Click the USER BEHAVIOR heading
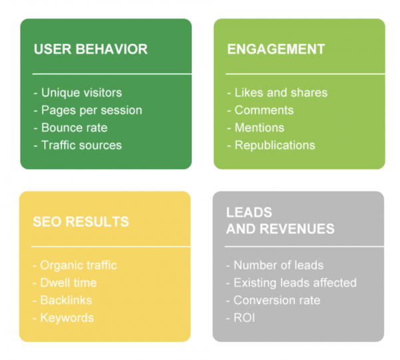[90, 49]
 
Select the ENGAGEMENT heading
[276, 49]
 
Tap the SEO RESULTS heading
[81, 221]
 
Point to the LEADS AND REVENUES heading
[280, 221]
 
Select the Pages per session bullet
[87, 110]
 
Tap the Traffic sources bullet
[77, 145]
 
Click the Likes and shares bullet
[277, 93]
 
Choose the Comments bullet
[260, 110]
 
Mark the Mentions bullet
[255, 127]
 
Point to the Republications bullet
[271, 145]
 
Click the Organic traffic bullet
[75, 265]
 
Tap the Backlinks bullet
[62, 300]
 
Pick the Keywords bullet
[63, 317]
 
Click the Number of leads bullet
[275, 265]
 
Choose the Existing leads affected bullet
[291, 283]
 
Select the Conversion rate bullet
[273, 300]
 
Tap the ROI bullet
[241, 317]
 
